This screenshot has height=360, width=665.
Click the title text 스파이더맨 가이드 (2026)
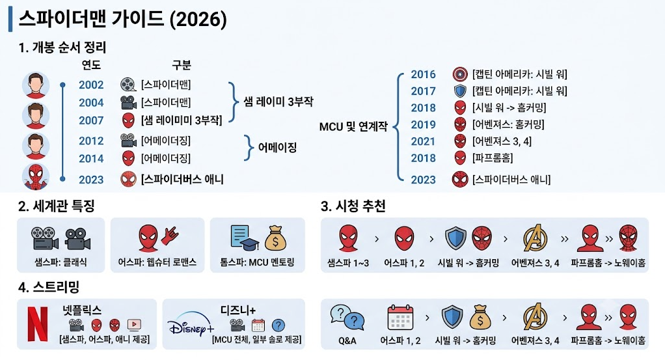click(x=122, y=19)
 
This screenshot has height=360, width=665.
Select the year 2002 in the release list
click(x=91, y=85)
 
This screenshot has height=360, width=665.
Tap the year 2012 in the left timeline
click(x=91, y=141)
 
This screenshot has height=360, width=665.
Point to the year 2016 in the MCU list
click(x=423, y=74)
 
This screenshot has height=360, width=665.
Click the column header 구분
click(x=181, y=65)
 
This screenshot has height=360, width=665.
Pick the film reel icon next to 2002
click(x=128, y=85)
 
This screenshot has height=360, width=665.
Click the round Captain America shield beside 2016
click(x=460, y=74)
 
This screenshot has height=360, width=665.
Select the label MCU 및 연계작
click(x=353, y=126)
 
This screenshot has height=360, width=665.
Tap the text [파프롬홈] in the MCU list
click(x=493, y=158)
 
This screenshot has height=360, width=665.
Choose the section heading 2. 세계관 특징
click(x=57, y=206)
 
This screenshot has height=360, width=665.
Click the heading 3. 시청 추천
click(x=353, y=206)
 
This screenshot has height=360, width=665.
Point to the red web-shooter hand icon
click(x=170, y=236)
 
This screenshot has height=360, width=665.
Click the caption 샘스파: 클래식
click(x=61, y=262)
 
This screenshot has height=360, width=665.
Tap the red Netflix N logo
click(x=38, y=324)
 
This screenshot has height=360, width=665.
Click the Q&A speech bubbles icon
click(x=347, y=318)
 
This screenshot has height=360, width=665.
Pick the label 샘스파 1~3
click(x=348, y=263)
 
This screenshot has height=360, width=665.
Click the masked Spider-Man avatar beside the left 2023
click(x=36, y=176)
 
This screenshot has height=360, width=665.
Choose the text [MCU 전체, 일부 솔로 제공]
click(x=256, y=340)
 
